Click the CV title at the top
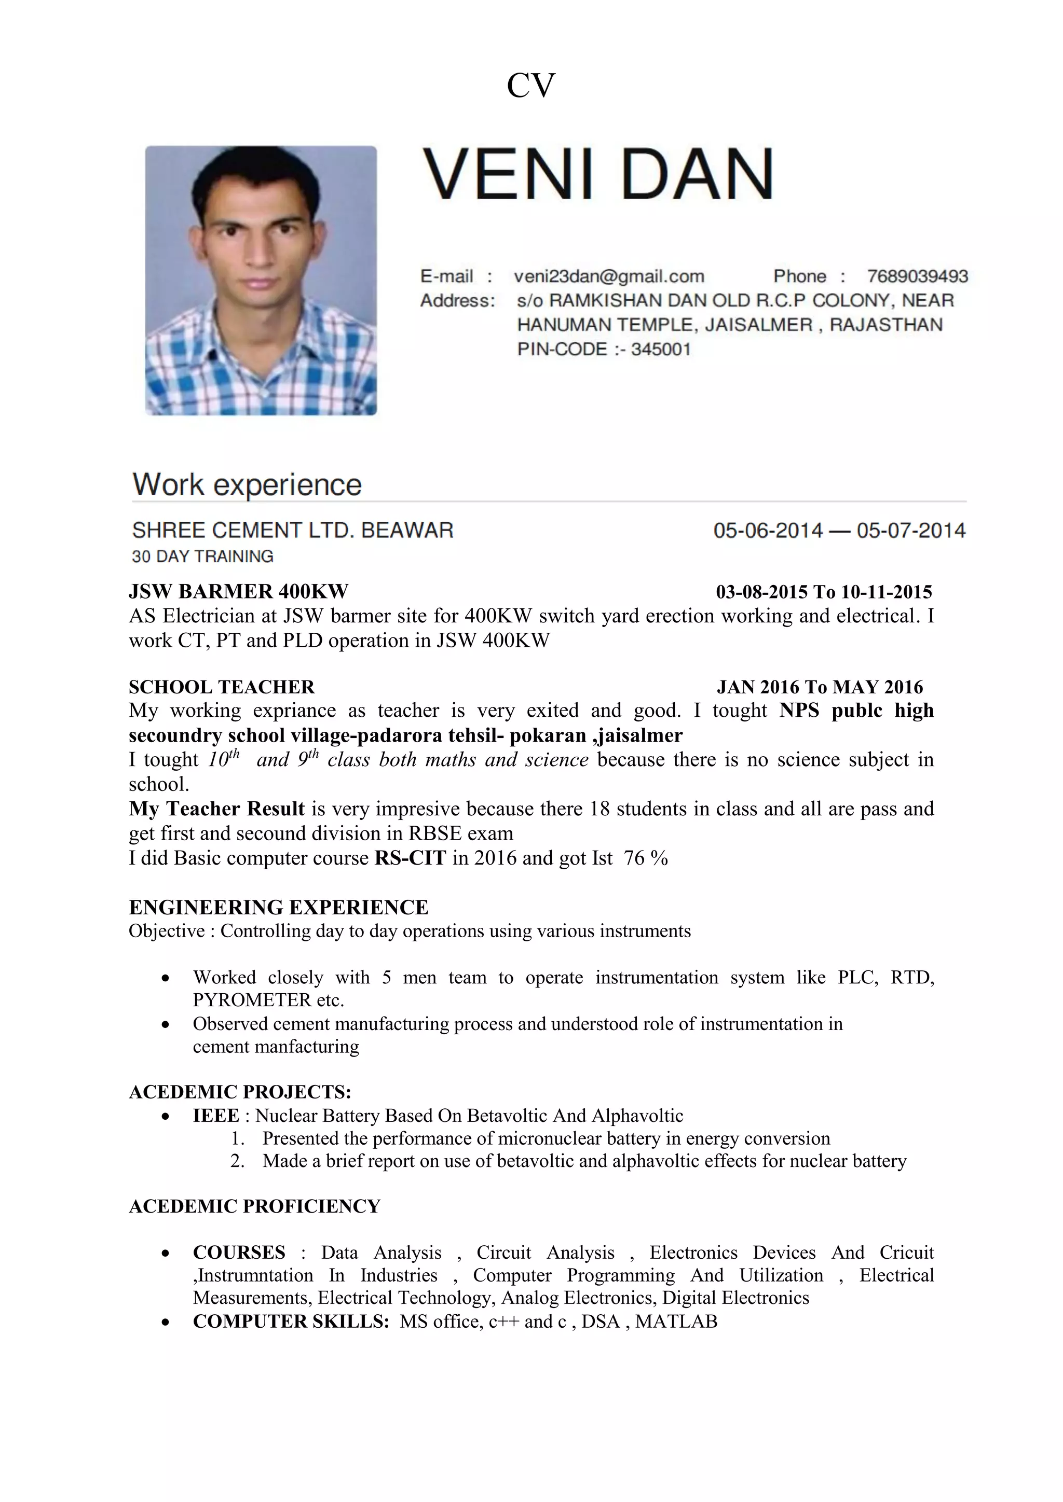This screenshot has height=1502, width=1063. pos(531,86)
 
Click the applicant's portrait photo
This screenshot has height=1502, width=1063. pos(261,280)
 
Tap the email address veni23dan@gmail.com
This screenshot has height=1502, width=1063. pos(609,276)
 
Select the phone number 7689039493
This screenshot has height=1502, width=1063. pos(917,276)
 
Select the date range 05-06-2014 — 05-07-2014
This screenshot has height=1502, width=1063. pos(839,530)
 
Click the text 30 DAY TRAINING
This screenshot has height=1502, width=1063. pos(202,556)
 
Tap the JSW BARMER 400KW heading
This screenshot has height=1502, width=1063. pos(238,591)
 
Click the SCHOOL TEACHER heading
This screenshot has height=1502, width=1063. pos(221,687)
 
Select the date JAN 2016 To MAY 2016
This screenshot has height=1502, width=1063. pos(820,687)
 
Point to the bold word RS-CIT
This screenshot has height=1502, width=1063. pos(410,858)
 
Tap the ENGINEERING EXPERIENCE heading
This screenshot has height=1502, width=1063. pos(278,907)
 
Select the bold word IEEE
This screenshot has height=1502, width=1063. pos(216,1116)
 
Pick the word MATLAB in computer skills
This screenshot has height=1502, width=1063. pos(676,1322)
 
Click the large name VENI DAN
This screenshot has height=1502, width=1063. pos(598,174)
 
